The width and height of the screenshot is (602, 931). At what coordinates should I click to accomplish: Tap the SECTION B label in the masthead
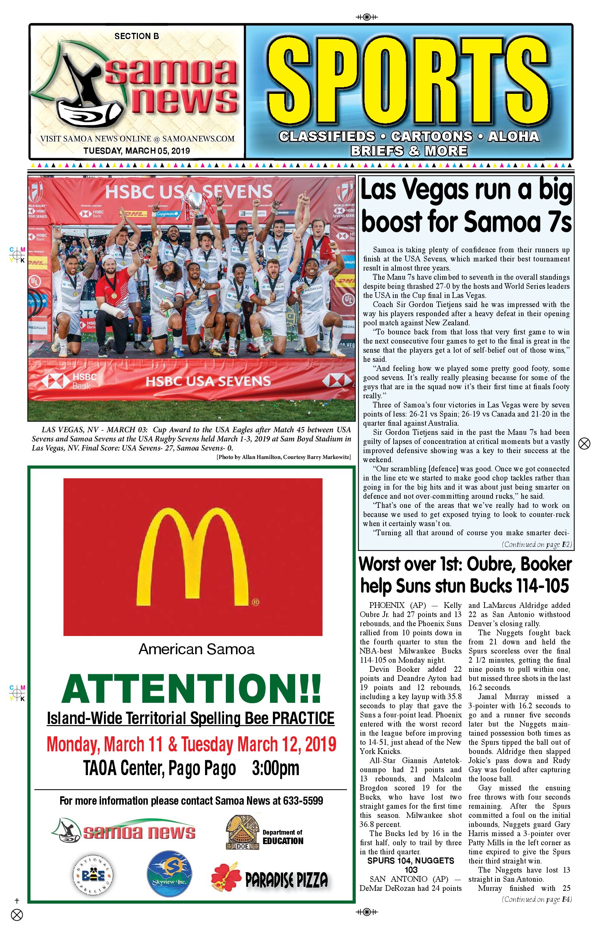[x=136, y=37]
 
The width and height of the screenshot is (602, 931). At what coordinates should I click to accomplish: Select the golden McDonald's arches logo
[x=193, y=555]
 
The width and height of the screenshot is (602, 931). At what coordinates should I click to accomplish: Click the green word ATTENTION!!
[x=191, y=689]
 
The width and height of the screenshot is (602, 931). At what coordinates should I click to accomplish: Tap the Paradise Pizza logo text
[x=286, y=881]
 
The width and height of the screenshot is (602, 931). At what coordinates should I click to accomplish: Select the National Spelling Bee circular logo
[x=93, y=875]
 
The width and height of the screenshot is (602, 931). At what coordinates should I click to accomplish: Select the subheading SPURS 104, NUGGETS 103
[x=410, y=865]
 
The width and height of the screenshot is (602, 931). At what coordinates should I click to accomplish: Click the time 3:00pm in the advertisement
[x=275, y=769]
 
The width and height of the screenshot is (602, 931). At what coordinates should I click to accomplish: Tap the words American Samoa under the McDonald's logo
[x=196, y=650]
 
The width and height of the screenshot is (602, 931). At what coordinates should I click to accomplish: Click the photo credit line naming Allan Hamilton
[x=283, y=457]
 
